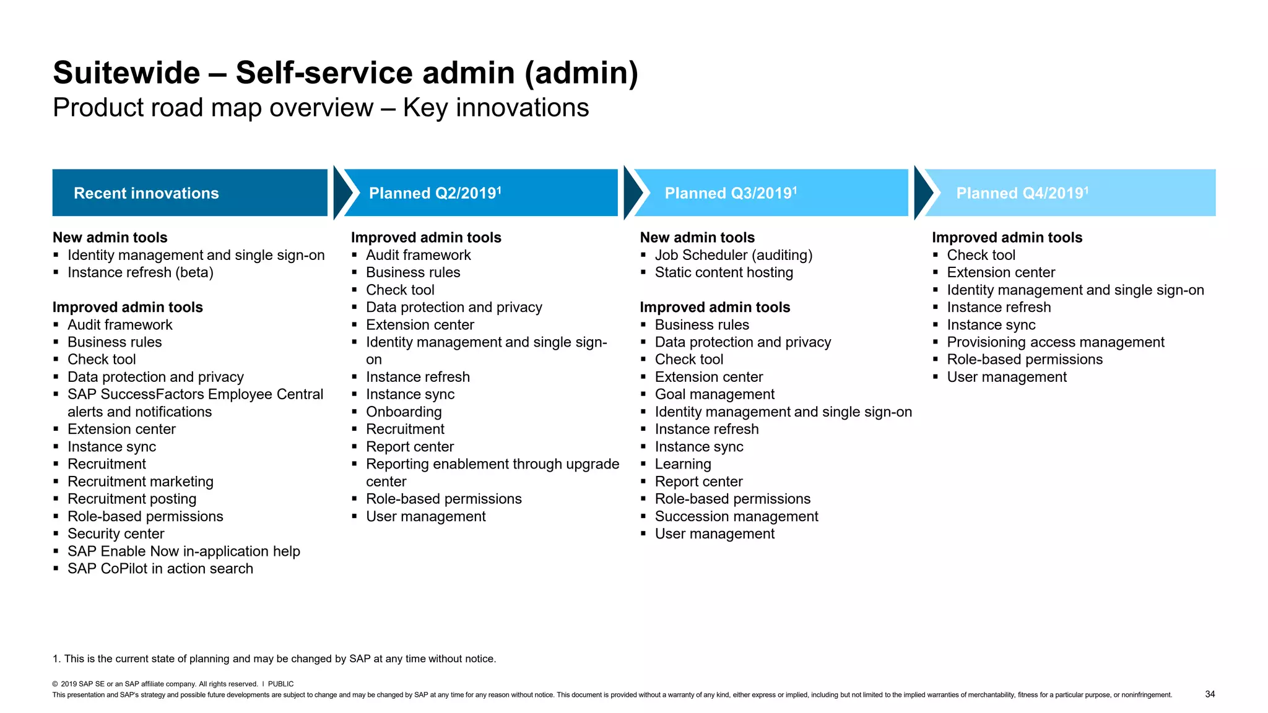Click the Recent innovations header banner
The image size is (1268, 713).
coord(189,192)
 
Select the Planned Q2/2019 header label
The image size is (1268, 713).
coord(435,193)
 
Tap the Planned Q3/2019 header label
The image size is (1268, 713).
coord(731,193)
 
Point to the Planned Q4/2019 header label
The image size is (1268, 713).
coord(1022,193)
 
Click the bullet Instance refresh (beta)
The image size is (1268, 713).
coord(140,272)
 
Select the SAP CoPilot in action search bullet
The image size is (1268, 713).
coord(160,568)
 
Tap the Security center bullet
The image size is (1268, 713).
coord(116,534)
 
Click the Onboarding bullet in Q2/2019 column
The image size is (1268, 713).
coord(404,412)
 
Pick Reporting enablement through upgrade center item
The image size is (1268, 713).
coord(492,464)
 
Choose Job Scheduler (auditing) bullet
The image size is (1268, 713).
coord(733,255)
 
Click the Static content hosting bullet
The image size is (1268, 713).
coord(723,272)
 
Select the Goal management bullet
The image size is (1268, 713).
coord(714,394)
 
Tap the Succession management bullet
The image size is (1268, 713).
coord(736,516)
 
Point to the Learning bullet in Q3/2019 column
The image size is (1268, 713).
coord(683,464)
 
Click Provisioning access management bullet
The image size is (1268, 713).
coord(1055,342)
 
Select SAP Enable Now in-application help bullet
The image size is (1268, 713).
coord(183,551)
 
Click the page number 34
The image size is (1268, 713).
coord(1210,694)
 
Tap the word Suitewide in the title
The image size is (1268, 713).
coord(126,72)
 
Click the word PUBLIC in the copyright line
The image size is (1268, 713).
coord(280,684)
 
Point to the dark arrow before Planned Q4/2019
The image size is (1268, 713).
coord(922,192)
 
